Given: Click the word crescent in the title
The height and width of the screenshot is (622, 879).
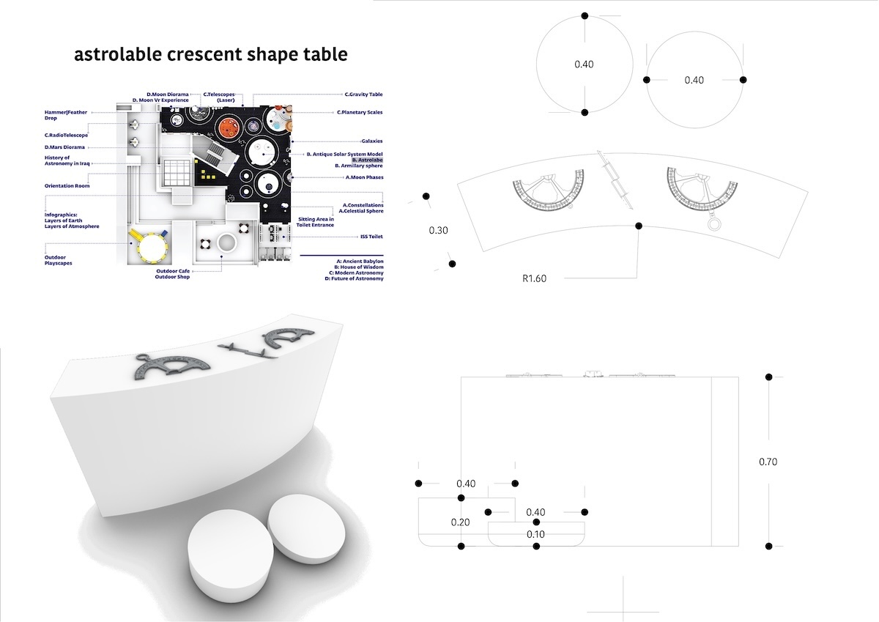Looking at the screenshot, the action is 204,54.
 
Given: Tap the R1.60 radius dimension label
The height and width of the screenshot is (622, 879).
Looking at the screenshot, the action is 534,278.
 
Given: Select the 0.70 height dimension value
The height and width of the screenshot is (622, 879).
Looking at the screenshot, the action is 768,462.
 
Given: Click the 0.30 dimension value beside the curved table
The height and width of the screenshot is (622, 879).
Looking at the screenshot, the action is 438,230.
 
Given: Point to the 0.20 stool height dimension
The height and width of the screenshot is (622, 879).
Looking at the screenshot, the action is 460,522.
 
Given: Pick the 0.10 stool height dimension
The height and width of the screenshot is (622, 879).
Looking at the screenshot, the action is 535,534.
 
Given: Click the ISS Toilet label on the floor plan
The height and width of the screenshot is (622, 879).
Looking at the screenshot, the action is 371,237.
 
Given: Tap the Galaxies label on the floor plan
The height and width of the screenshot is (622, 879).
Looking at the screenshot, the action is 371,141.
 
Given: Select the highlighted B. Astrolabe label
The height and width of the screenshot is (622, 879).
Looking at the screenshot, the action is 367,160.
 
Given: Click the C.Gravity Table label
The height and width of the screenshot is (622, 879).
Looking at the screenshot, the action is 363,95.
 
